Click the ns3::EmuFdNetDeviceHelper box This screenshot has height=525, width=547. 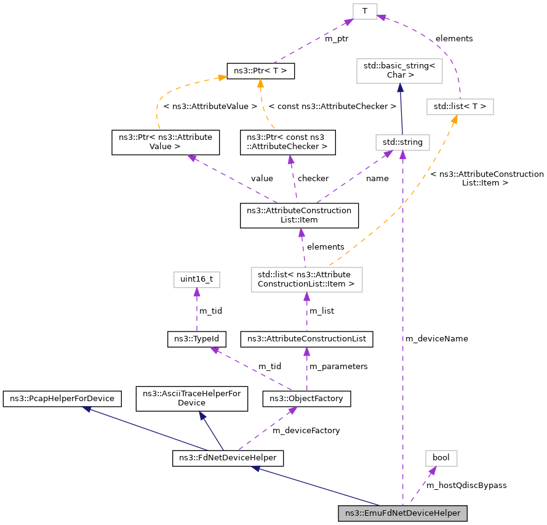(403, 513)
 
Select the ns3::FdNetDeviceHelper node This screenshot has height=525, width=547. (228, 458)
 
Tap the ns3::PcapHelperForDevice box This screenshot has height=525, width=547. (62, 399)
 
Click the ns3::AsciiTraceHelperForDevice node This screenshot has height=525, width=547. (191, 398)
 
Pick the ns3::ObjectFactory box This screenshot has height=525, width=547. (306, 399)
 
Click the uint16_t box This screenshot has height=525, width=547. (196, 280)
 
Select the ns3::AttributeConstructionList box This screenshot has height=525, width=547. (306, 340)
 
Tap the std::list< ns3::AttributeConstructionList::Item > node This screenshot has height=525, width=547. (306, 279)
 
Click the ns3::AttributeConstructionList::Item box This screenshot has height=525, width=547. (299, 215)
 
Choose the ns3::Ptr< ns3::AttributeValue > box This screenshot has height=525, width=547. (165, 142)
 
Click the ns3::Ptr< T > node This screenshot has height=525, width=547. (261, 71)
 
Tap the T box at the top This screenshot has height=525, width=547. (365, 11)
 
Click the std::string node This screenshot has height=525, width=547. (402, 142)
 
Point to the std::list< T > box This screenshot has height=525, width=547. (460, 107)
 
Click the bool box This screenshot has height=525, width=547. (441, 458)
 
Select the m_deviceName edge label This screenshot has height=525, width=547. (436, 339)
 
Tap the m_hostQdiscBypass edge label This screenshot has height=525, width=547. (466, 486)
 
